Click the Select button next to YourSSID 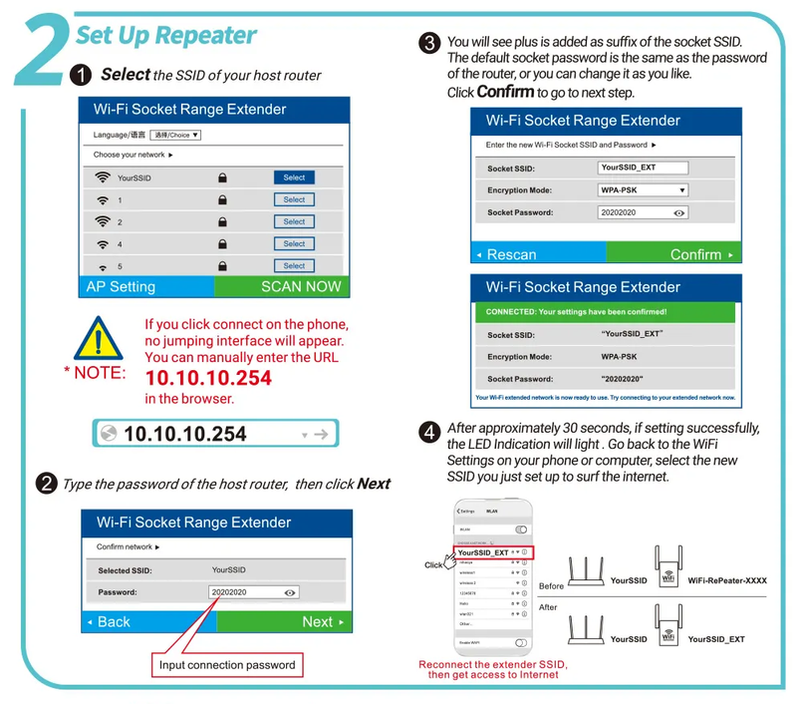(x=294, y=177)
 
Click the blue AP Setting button (x=145, y=286)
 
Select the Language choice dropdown (x=176, y=135)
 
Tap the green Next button (x=284, y=621)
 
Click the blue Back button (x=148, y=621)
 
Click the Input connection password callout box (x=227, y=664)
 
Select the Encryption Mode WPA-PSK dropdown (x=644, y=189)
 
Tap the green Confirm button (x=674, y=254)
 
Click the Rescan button (x=538, y=254)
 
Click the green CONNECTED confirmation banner (x=607, y=312)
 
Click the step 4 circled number (x=429, y=433)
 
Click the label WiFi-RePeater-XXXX (x=727, y=580)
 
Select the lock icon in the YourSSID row (x=222, y=177)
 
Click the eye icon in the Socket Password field (x=679, y=212)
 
